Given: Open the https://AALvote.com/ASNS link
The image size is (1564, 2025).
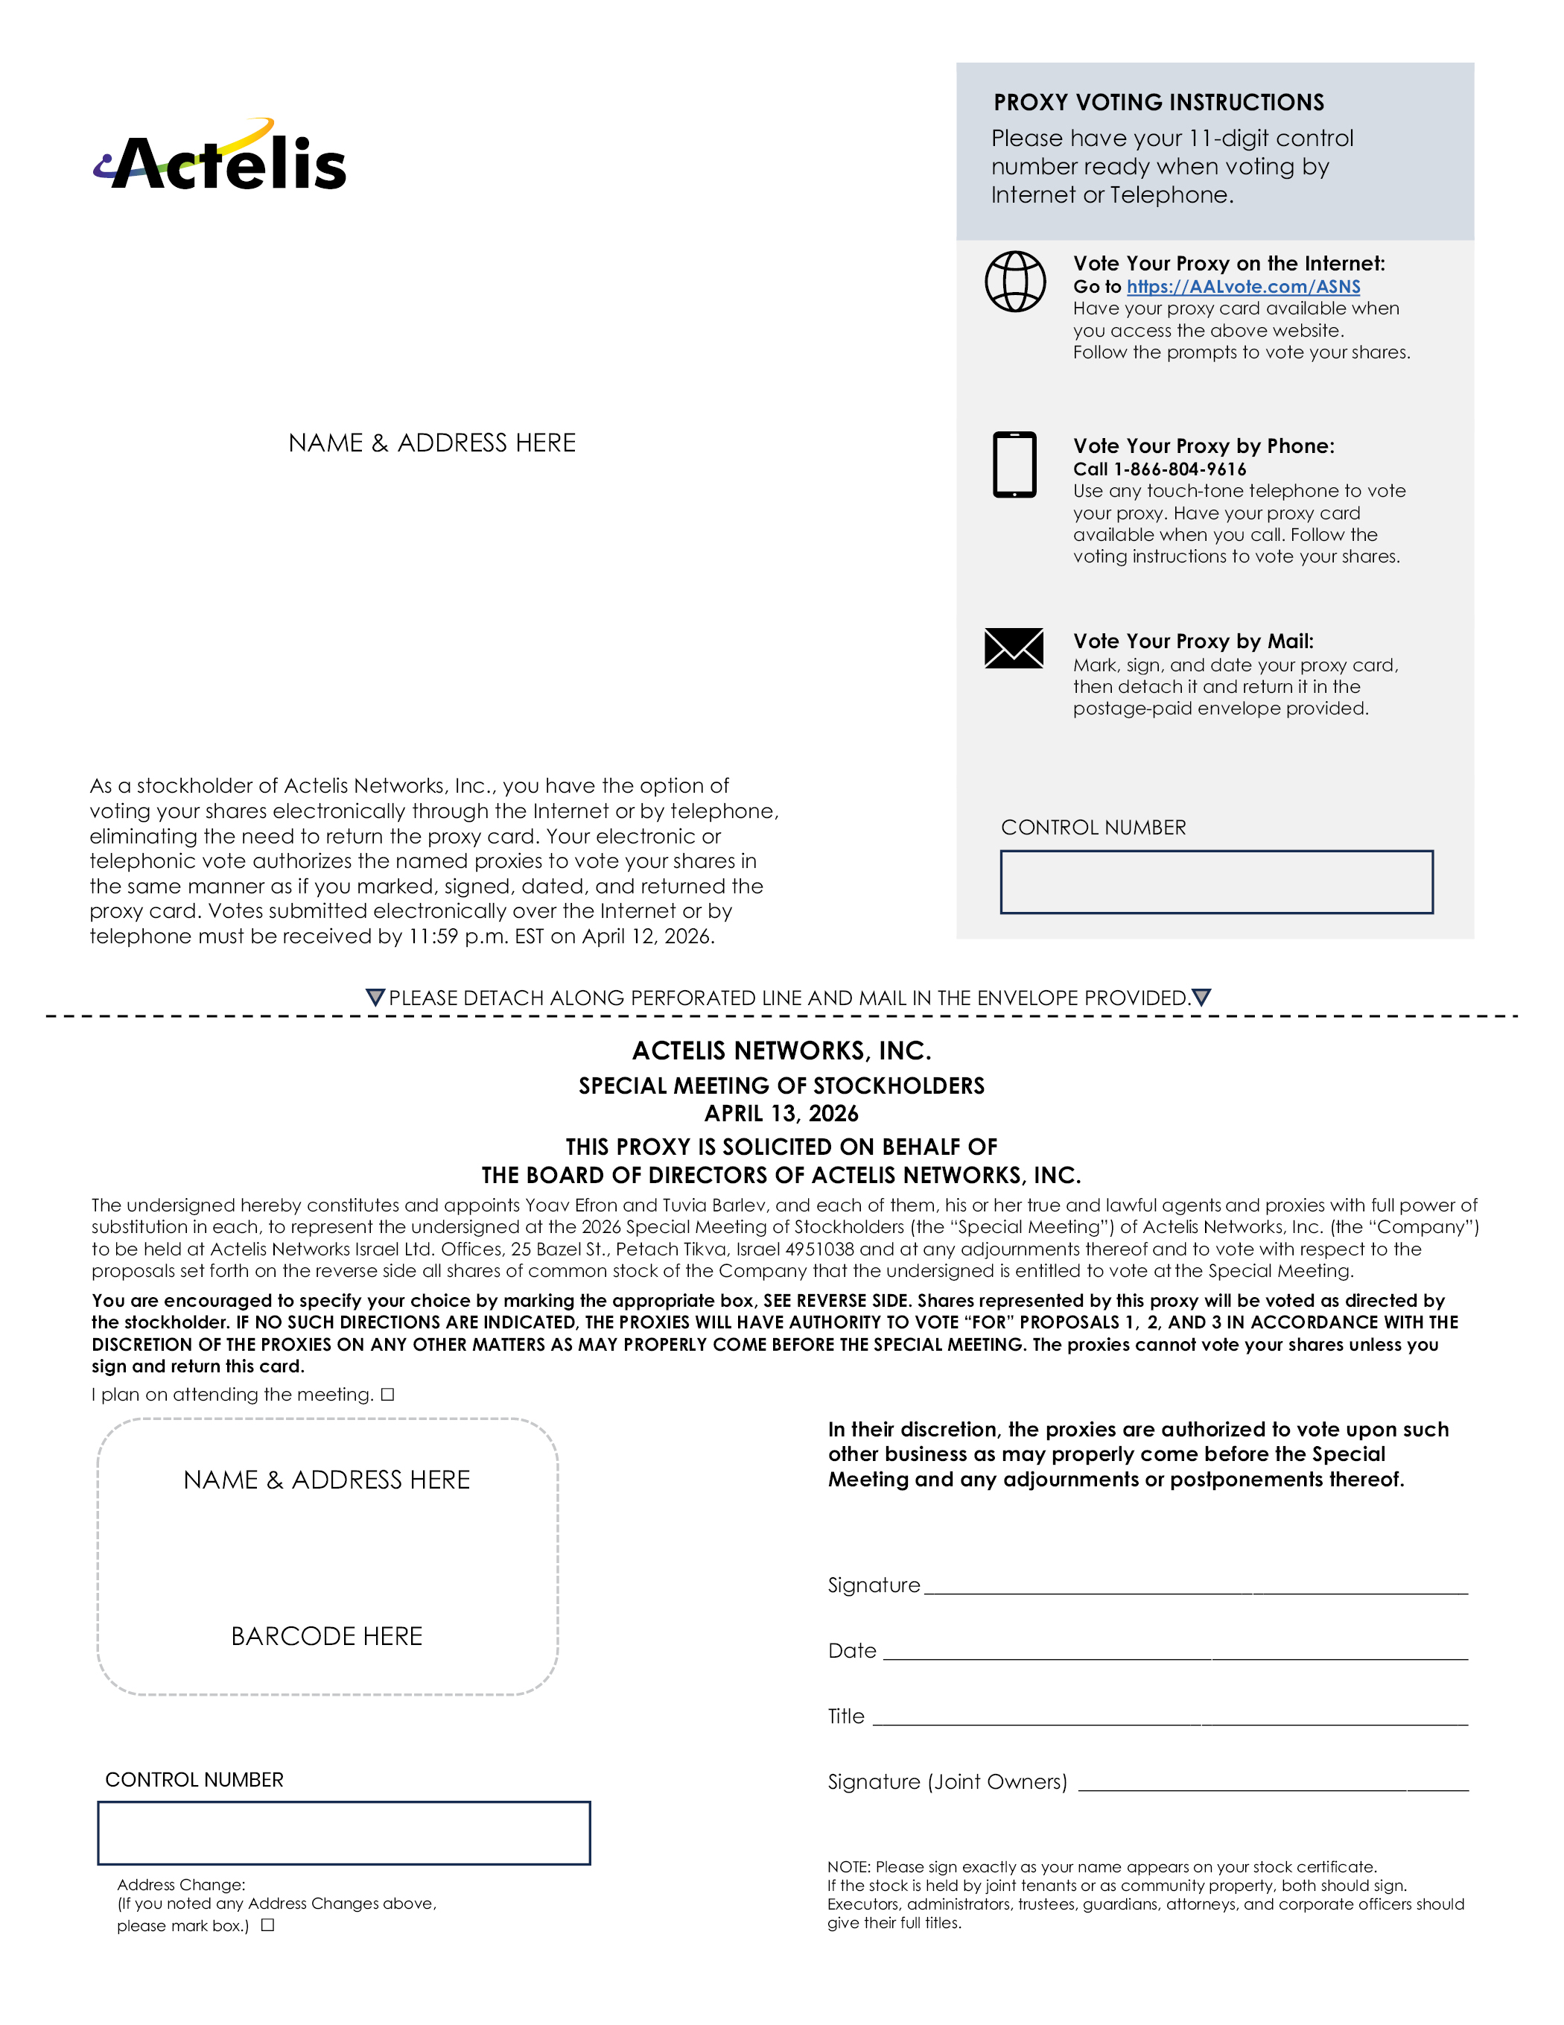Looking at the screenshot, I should pos(1242,287).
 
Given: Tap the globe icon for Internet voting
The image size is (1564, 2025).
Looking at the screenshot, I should pos(1014,281).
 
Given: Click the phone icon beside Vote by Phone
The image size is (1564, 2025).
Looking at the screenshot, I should pos(1014,463).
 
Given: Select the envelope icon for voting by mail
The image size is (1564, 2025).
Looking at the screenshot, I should pos(1014,647).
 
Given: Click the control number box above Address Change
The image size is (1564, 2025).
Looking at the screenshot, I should pos(344,1832).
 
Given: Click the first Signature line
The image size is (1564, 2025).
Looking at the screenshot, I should pos(1195,1586).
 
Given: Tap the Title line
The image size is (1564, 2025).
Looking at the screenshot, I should pos(1169,1718).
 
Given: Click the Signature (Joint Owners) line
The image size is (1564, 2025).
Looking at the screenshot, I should pos(1273,1783).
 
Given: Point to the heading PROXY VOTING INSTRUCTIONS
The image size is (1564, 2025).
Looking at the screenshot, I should pos(1158,102).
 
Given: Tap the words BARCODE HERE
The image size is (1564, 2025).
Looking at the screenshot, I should pos(326,1635).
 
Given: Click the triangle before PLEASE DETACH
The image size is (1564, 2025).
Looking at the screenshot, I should pos(375,997).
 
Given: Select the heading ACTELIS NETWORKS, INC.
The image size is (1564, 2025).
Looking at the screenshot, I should pos(781,1050).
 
